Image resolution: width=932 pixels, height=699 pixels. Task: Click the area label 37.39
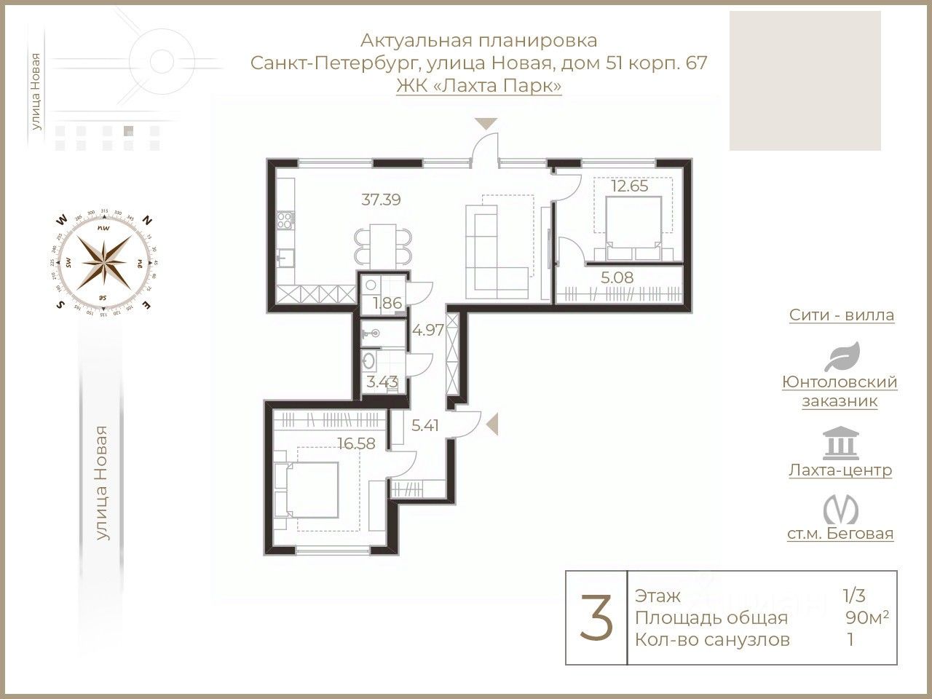(382, 199)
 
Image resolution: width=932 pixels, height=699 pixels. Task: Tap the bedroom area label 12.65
(629, 186)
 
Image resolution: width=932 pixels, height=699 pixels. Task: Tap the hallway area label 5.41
(425, 425)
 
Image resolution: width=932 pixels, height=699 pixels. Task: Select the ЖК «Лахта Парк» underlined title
(478, 85)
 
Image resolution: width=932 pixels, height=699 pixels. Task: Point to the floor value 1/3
(853, 596)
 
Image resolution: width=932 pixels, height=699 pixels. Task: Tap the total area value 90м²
(866, 617)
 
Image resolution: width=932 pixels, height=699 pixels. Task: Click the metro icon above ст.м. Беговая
(840, 509)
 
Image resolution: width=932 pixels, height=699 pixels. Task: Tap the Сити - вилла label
(841, 315)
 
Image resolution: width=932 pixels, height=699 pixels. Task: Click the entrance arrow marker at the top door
(486, 123)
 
